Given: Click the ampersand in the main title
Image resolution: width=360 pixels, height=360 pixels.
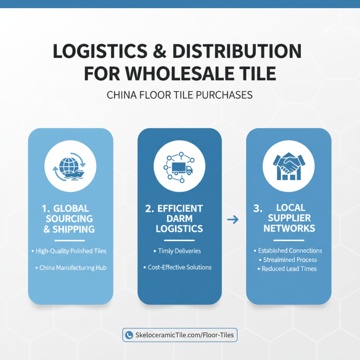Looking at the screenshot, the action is pos(159,51).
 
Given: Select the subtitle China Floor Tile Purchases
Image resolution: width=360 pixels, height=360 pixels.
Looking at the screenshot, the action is pos(180,95).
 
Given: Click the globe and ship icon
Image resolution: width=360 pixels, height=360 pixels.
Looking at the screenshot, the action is pos(70,166).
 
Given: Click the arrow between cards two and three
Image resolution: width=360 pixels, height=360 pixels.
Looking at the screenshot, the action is pos(233,220).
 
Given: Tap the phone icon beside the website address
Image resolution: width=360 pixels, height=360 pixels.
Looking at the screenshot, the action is pos(129,335).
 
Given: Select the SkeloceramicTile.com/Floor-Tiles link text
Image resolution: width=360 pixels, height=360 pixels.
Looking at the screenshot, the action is pos(184,335).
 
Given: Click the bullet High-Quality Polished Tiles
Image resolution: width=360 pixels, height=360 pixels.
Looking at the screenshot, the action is pos(69,251).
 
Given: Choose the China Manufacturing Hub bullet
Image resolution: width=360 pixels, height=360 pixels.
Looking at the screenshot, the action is pos(71,268).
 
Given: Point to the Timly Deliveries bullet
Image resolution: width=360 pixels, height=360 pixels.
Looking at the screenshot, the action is pos(177,251).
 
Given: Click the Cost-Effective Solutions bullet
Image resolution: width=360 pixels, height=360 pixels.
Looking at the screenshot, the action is pos(177,267).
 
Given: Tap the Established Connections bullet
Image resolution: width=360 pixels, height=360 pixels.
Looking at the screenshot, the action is pos(288,251).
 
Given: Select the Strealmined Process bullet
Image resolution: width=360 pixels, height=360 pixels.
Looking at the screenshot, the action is pos(288,260).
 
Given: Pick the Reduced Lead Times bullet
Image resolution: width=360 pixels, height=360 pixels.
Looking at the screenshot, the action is pos(287,269).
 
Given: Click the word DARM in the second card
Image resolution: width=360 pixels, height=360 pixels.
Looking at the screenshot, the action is pos(180,219).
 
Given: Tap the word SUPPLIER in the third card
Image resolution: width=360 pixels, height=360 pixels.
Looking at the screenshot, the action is pos(289,218).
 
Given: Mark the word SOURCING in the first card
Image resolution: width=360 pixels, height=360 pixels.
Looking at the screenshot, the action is pos(69,219).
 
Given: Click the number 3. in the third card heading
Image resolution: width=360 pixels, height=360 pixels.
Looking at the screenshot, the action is pos(258,208).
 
